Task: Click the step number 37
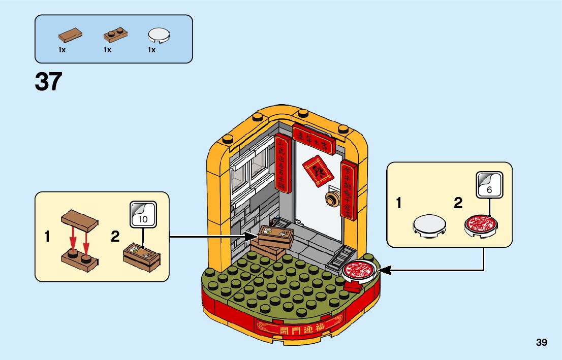click(x=49, y=82)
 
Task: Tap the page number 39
click(x=541, y=342)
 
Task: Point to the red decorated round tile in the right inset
click(x=480, y=225)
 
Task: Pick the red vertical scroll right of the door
click(x=348, y=188)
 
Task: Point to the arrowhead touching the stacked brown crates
click(x=253, y=236)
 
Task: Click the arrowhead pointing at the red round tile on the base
click(x=385, y=271)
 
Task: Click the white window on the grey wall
click(x=249, y=168)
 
